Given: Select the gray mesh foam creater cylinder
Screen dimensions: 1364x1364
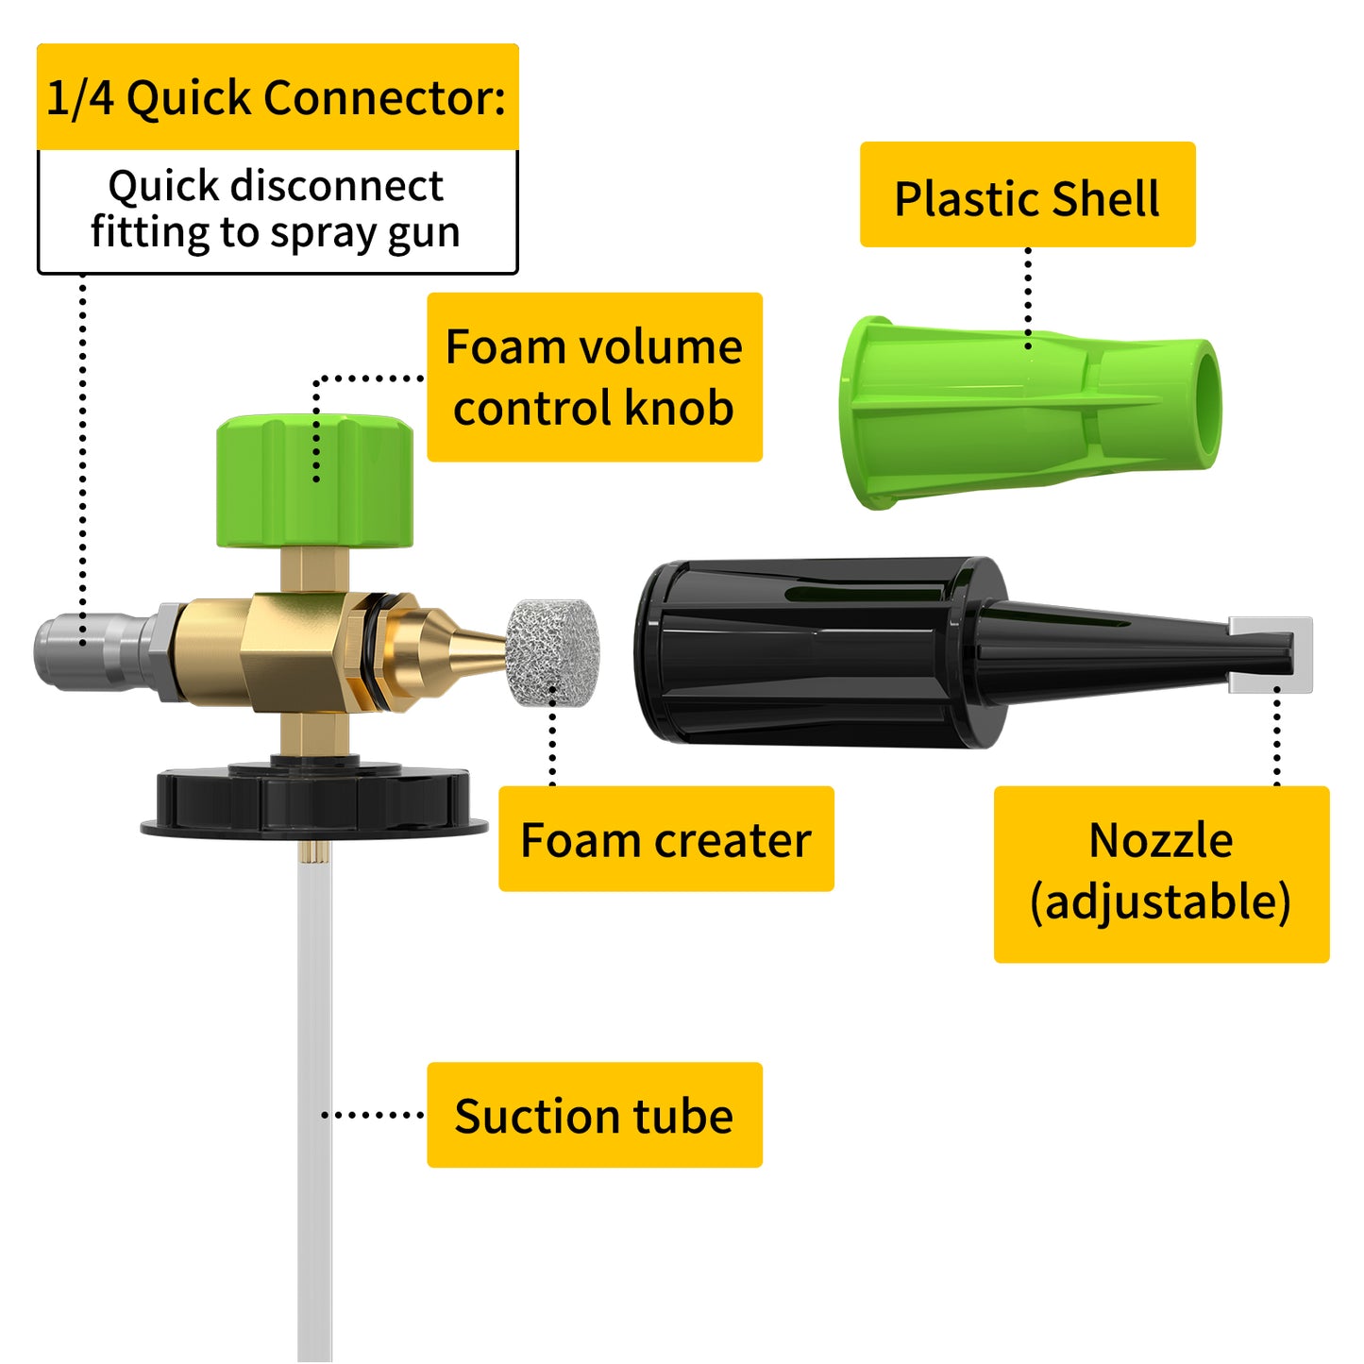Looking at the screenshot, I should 553,652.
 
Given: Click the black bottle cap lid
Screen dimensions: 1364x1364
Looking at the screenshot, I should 314,802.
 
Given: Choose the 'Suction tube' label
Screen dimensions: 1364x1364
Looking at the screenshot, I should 595,1115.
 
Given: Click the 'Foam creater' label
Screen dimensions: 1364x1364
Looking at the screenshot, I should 666,839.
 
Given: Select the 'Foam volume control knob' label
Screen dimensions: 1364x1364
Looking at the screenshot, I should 595,377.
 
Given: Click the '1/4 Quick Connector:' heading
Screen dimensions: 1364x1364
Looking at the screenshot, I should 277,97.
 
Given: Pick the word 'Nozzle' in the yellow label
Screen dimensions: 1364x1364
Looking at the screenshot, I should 1161,840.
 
